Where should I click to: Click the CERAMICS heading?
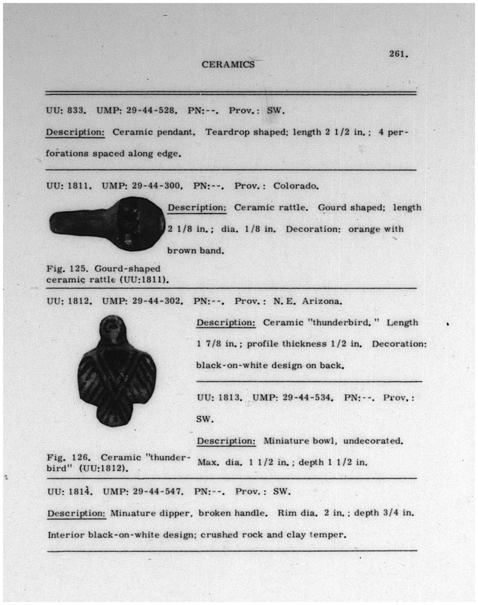pos(228,65)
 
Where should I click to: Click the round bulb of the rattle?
pos(139,223)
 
